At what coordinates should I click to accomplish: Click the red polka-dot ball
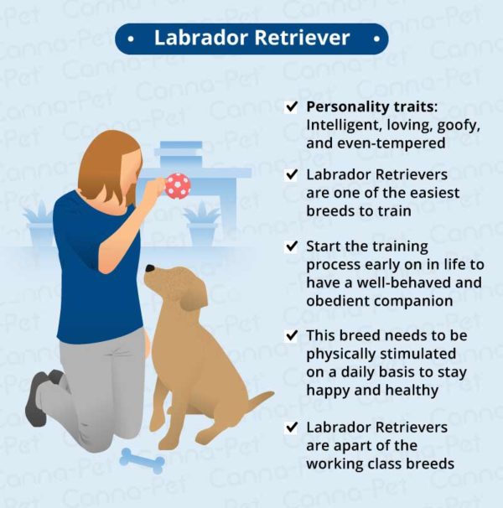[177, 185]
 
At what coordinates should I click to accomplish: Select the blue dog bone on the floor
[141, 459]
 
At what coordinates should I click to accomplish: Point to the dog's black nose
[150, 270]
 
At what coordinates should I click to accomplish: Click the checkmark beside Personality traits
[291, 107]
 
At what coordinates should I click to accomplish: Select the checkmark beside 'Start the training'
[291, 247]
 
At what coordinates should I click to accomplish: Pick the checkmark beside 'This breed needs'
[291, 335]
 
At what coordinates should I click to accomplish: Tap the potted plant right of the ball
[201, 221]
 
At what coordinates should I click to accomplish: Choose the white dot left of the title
[132, 39]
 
